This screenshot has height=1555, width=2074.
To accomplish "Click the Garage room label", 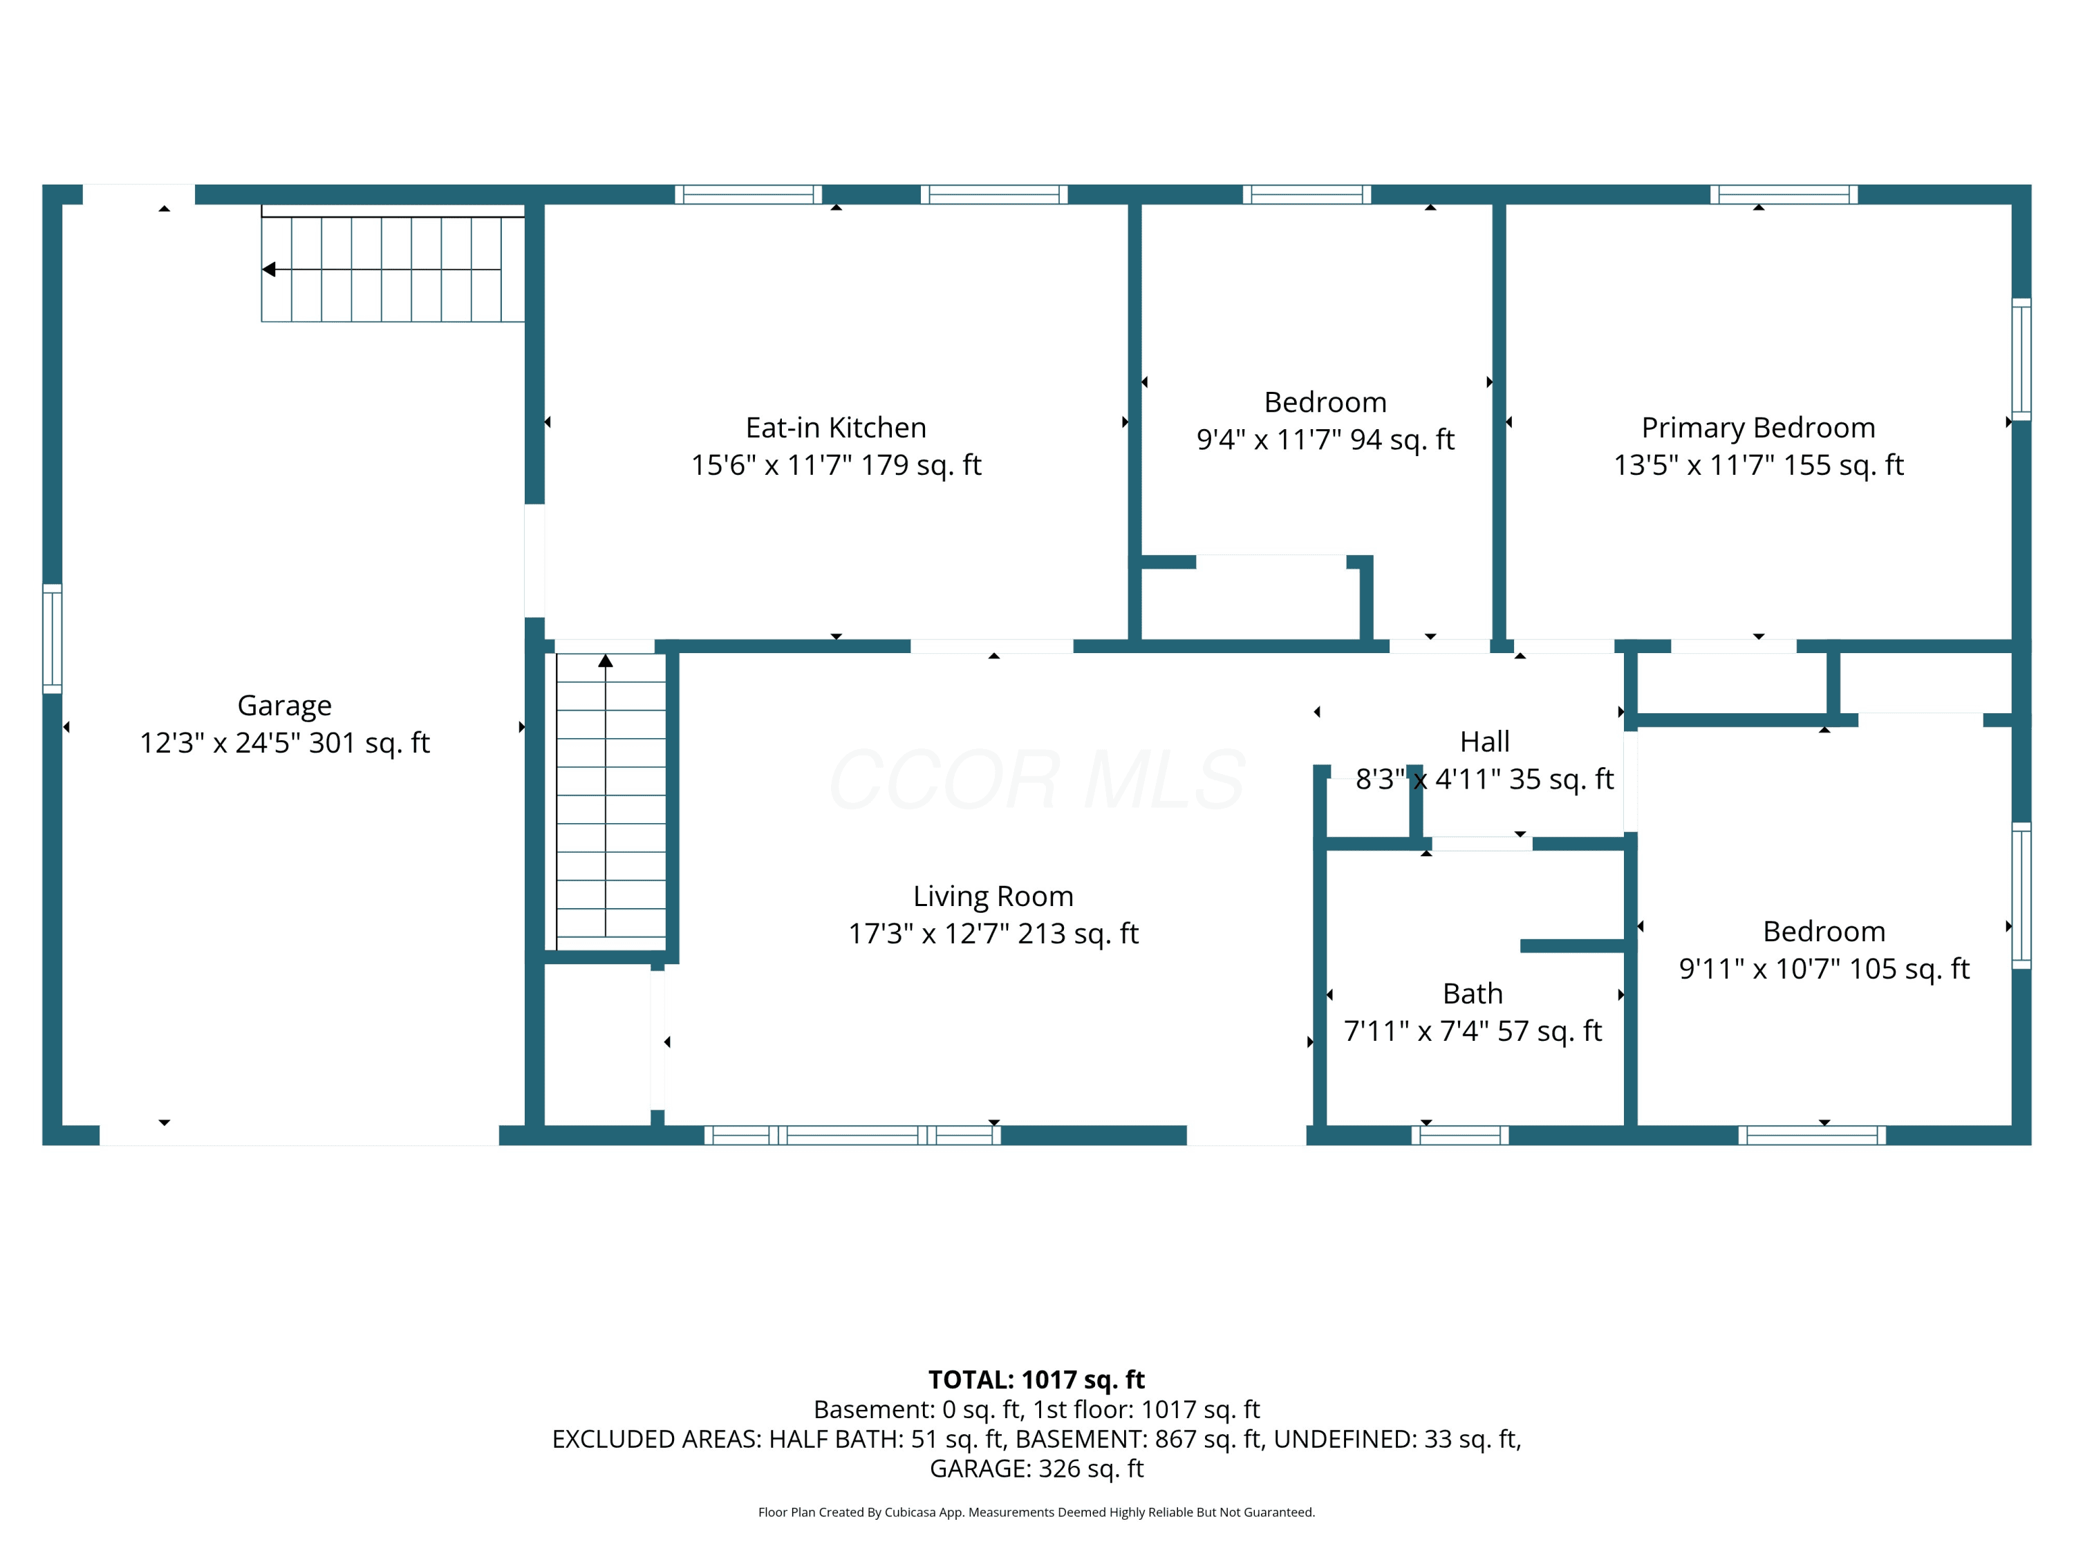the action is [284, 706].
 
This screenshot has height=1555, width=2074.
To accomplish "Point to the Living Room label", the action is [993, 896].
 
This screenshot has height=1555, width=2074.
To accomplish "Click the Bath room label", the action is [1472, 994].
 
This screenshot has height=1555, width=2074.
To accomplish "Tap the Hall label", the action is [1484, 742].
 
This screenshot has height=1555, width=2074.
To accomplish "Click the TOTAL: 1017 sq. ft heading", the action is [1036, 1379].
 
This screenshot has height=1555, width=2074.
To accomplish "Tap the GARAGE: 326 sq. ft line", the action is [1036, 1469].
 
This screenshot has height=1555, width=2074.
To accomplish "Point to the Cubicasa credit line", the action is [1036, 1512].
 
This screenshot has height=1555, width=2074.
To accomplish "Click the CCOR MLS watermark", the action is [1037, 780].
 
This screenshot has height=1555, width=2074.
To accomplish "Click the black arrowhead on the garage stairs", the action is [268, 270].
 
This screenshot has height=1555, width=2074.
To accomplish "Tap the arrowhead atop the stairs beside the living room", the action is [606, 661].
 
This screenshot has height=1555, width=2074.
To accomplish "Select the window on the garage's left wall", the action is [53, 639].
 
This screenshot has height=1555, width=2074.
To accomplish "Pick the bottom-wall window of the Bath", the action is [1460, 1135].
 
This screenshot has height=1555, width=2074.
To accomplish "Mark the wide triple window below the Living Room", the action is [852, 1135].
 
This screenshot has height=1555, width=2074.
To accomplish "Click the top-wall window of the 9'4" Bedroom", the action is [1307, 194].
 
